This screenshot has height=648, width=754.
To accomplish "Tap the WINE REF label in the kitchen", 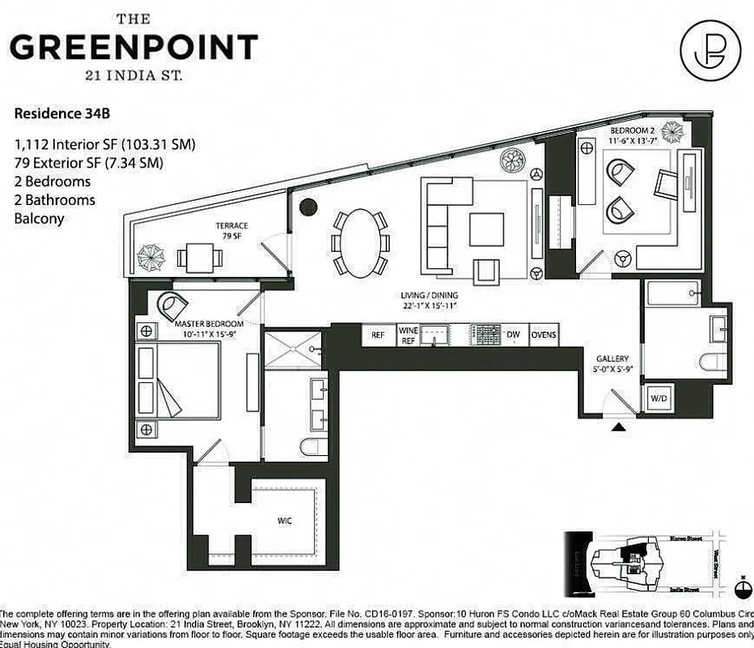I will pyautogui.click(x=409, y=335).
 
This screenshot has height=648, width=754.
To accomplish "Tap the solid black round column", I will pyautogui.click(x=307, y=207).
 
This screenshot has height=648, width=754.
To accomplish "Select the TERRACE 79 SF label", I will pyautogui.click(x=231, y=231).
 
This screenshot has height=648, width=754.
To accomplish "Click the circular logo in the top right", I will pyautogui.click(x=709, y=45).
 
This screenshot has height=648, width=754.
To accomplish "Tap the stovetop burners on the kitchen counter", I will pyautogui.click(x=486, y=335).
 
